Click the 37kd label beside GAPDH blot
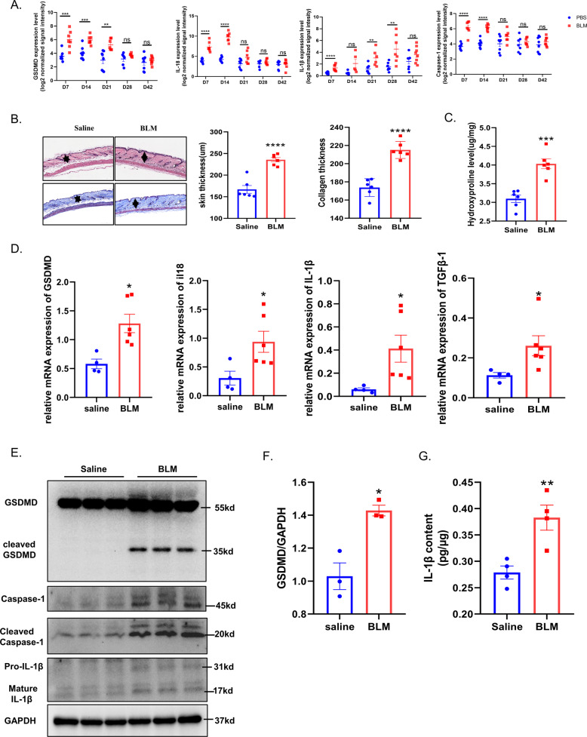point(223,722)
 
